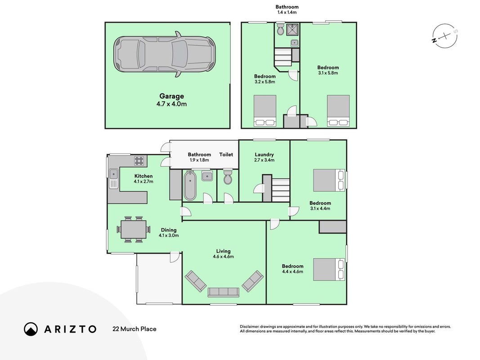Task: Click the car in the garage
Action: point(164,54)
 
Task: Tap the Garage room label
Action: point(171,96)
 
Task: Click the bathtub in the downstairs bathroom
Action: point(190,185)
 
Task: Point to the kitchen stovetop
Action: point(139,161)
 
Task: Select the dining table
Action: point(134,229)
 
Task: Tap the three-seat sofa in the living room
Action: point(224,292)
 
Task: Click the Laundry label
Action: point(264,155)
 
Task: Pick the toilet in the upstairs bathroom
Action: point(280,29)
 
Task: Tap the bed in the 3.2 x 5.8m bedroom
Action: point(265,111)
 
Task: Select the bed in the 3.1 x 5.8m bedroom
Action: point(338,111)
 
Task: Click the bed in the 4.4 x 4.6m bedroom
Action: point(329,270)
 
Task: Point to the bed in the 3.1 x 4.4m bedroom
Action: point(329,180)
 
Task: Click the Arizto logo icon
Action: point(31,329)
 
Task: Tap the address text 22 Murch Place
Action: point(135,329)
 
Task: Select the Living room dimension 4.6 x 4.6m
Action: point(224,256)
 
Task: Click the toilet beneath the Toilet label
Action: point(228,177)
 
